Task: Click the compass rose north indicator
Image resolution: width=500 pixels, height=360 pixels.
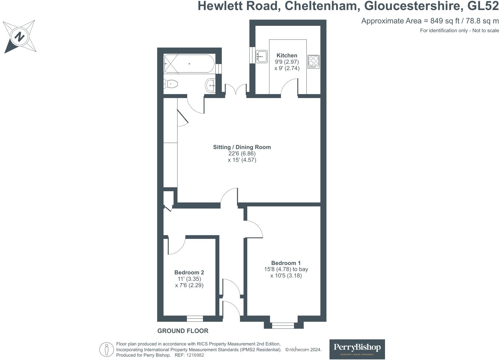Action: (19, 37)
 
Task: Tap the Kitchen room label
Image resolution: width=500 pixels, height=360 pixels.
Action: (287, 56)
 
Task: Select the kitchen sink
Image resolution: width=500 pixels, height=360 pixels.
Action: (261, 56)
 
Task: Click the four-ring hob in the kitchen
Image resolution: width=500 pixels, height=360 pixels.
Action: (313, 61)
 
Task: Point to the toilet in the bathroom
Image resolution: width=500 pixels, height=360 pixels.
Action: (171, 84)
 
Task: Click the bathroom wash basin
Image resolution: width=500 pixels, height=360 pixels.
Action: (210, 85)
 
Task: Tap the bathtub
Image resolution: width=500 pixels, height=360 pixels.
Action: (189, 64)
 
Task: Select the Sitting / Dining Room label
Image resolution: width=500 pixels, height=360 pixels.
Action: (242, 147)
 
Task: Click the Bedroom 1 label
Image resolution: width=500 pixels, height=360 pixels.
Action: (286, 263)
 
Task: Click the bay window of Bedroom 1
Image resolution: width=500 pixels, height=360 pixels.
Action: (283, 326)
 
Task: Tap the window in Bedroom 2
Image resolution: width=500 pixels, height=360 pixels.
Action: (195, 319)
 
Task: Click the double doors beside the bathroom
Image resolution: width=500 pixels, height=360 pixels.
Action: (235, 90)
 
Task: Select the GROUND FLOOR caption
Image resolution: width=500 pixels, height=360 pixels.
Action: (183, 331)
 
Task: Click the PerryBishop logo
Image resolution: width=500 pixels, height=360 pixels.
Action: (357, 349)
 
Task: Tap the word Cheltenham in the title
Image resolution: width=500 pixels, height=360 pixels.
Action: (321, 6)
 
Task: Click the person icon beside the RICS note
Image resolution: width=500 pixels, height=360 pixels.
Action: (106, 350)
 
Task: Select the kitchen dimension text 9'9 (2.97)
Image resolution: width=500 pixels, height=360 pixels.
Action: (287, 62)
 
